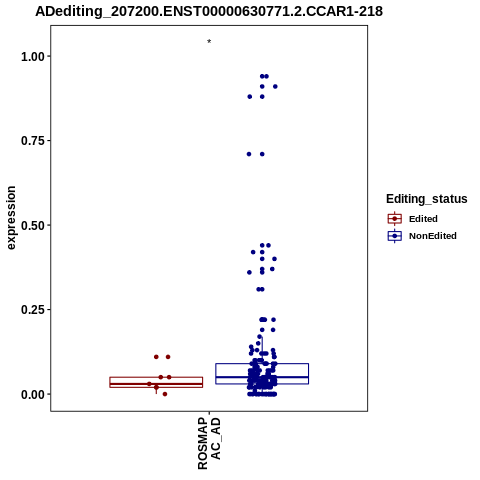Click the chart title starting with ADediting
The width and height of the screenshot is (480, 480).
coord(209,11)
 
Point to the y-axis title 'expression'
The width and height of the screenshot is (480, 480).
coord(11,218)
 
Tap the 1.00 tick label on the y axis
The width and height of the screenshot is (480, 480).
coord(33,57)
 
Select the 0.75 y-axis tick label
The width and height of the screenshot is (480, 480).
coord(33,141)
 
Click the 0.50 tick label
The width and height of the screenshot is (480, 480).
coord(33,226)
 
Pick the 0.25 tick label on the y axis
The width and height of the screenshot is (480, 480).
coord(33,310)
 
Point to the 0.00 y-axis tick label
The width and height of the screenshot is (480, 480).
coord(33,395)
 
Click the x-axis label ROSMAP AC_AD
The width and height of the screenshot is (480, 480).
coord(209,443)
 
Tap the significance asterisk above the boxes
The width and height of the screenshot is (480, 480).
coord(209,42)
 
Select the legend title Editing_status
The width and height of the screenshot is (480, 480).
coord(427,199)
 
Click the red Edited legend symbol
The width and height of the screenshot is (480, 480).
coord(395,219)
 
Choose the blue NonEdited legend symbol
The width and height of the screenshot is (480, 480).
coord(395,236)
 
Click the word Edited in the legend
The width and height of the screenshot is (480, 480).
coord(423,219)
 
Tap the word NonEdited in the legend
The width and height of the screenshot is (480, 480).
coord(433,236)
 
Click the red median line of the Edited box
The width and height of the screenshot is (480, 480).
coord(156,384)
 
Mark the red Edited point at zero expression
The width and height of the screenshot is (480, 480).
coord(165,394)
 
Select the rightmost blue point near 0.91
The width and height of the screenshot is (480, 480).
coord(275,87)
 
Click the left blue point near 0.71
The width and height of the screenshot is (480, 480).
coord(249,154)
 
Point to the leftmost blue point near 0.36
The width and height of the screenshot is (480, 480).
coord(249,272)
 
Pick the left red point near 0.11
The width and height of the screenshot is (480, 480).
coord(156,357)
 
